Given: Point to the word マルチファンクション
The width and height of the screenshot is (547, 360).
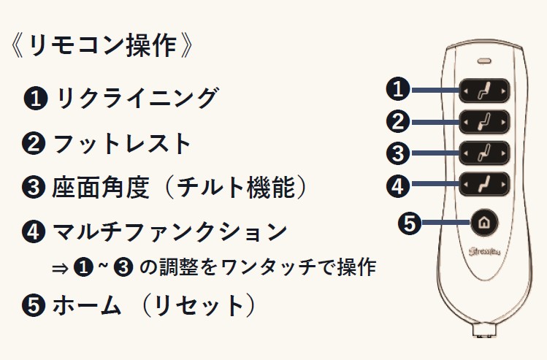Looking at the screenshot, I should [169, 233].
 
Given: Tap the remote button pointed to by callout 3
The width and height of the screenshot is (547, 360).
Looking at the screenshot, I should [483, 153].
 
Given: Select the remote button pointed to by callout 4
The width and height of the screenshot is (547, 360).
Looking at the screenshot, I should [483, 185].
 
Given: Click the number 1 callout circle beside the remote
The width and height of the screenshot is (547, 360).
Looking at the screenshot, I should [397, 90].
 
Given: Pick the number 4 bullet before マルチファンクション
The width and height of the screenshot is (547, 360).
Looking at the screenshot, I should [34, 234].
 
